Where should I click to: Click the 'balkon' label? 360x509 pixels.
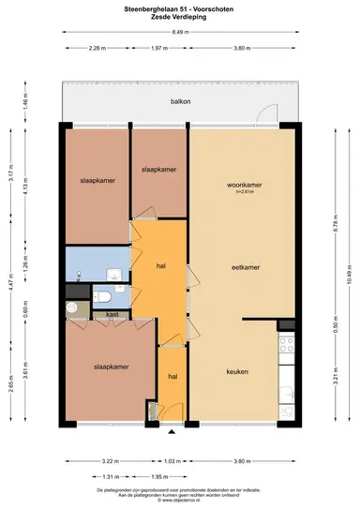click(180, 101)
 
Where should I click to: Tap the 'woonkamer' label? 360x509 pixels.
click(244, 186)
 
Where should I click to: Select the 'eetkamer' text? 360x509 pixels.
click(246, 267)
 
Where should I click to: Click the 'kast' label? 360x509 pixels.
click(111, 315)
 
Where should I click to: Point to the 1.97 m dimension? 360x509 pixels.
click(157, 47)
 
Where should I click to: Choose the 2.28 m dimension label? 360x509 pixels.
click(96, 47)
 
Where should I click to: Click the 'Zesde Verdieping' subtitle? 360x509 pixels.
click(180, 16)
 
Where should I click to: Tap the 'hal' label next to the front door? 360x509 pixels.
click(172, 376)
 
